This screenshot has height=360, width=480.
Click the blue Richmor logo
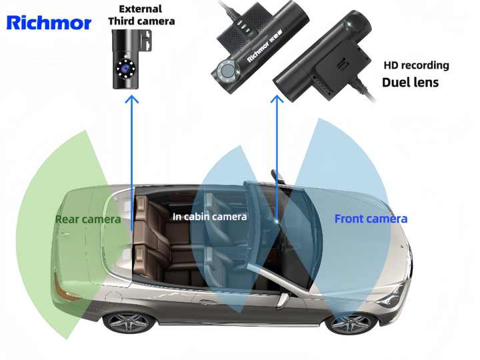(x=49, y=23)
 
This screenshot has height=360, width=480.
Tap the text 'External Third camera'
(x=141, y=15)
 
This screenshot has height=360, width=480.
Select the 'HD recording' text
(x=416, y=65)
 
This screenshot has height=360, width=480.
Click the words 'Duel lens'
(x=410, y=83)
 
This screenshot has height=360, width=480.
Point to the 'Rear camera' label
(x=88, y=219)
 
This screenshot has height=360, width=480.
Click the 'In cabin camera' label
(x=210, y=217)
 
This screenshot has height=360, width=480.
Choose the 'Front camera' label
(x=371, y=219)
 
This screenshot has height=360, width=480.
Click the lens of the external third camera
(x=125, y=69)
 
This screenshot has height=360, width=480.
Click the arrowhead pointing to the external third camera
(x=132, y=99)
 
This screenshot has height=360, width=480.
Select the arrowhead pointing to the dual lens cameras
(x=277, y=99)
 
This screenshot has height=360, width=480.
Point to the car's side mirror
(x=283, y=300)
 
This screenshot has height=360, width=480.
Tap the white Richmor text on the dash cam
(x=257, y=53)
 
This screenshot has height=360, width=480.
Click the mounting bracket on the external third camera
(x=146, y=41)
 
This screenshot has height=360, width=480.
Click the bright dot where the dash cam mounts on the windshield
(x=277, y=221)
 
